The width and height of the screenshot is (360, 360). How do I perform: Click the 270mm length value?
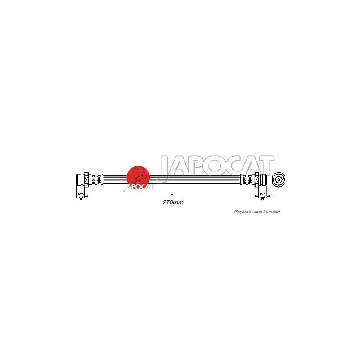click(x=173, y=203)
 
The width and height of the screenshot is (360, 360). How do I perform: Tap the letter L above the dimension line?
click(x=171, y=193)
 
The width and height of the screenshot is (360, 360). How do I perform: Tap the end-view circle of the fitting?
click(x=279, y=180)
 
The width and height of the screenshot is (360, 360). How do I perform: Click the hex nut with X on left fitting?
click(x=87, y=180)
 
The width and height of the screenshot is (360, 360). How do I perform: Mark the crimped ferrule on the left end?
click(x=96, y=180)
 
